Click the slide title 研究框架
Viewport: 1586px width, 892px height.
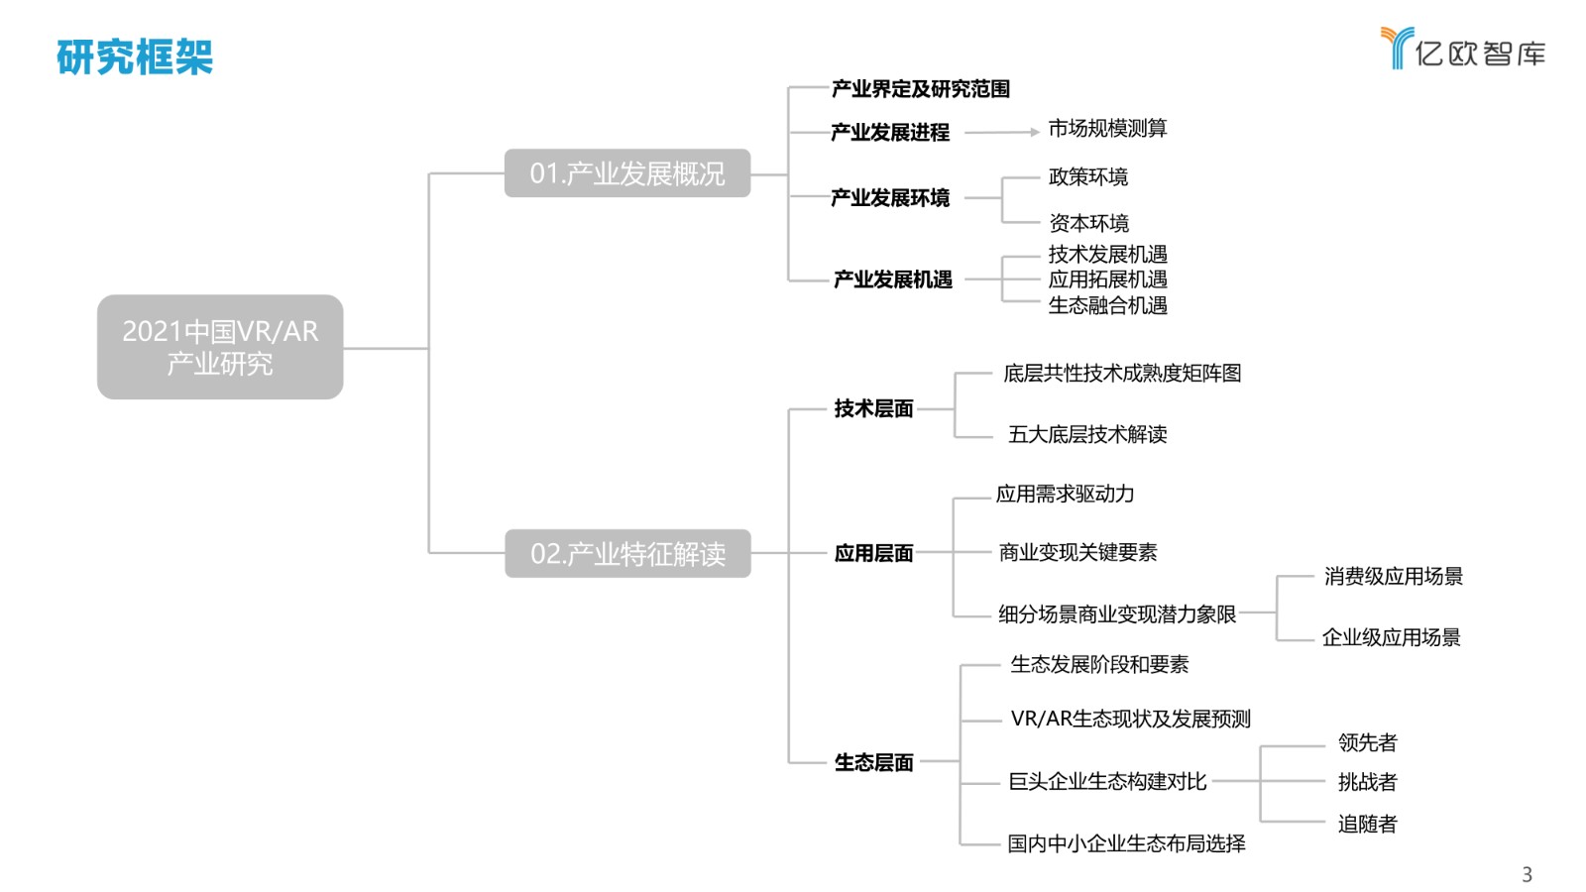135,56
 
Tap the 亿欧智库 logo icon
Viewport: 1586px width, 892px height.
1398,48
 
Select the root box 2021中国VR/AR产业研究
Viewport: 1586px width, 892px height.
220,347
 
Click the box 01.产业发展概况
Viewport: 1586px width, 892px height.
627,172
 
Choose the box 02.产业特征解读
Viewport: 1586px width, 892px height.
628,554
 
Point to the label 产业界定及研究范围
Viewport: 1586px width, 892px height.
921,88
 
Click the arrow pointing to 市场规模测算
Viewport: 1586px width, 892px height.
1002,132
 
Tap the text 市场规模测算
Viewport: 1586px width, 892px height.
1107,128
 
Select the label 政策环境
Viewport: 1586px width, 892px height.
1088,176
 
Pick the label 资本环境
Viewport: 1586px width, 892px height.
1089,223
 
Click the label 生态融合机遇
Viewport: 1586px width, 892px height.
1108,305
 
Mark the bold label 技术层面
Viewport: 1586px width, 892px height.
873,408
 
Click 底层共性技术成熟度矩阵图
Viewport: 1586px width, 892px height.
1122,373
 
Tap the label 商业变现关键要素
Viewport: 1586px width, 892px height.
1077,552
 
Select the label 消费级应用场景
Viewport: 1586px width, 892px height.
1394,576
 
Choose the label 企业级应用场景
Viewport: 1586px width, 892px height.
1392,637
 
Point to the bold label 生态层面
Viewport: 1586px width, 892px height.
873,762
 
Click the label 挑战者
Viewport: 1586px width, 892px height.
1367,782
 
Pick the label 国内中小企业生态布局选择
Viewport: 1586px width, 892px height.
1126,843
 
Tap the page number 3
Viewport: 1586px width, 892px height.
1528,874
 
